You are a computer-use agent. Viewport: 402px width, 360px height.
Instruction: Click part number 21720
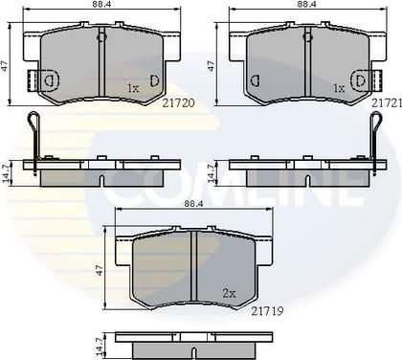tap(178, 102)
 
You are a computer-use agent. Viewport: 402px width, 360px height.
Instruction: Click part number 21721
tap(387, 102)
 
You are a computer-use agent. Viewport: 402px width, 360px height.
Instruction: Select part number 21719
tap(267, 311)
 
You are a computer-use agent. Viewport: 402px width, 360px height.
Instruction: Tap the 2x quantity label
tap(229, 294)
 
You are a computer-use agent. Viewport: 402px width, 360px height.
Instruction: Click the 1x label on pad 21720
tap(133, 88)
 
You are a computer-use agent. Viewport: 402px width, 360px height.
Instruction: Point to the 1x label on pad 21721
tap(339, 88)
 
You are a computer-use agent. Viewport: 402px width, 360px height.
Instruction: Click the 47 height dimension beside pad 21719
tap(100, 270)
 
